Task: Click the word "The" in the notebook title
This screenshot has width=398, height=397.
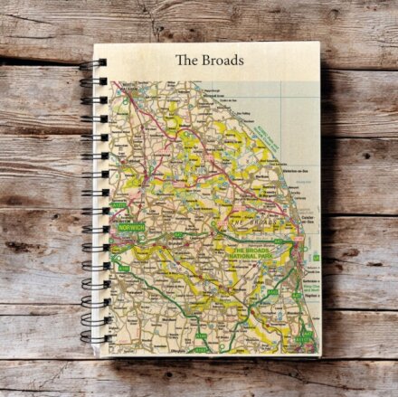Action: pyautogui.click(x=185, y=61)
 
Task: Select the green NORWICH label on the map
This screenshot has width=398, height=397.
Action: pyautogui.click(x=131, y=228)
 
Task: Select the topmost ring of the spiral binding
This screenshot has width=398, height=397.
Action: pyautogui.click(x=97, y=62)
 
